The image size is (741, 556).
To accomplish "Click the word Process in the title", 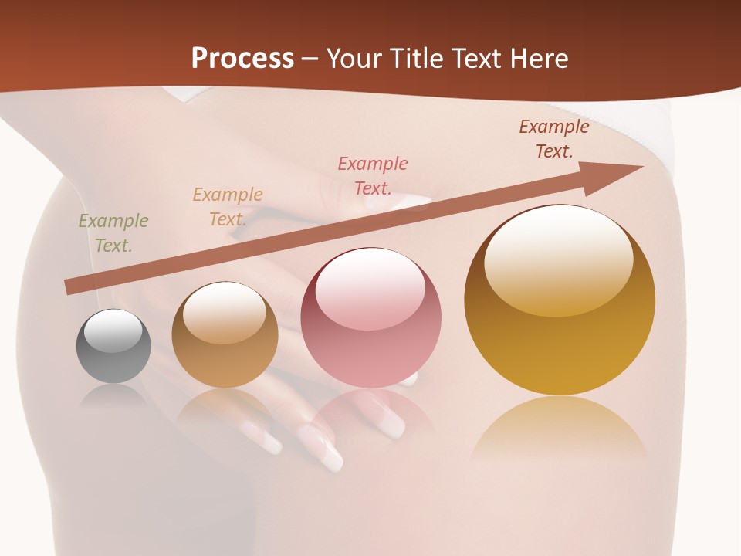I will click(242, 58).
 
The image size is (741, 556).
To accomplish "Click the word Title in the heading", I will click(417, 58).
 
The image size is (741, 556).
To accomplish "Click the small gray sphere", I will click(113, 347).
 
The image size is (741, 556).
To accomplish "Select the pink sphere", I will click(370, 318).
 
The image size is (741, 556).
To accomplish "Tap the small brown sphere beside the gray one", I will click(225, 335).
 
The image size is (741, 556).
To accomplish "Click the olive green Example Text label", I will click(113, 233).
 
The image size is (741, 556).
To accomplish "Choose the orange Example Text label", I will click(228, 207).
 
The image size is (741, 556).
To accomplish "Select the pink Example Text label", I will click(373, 176).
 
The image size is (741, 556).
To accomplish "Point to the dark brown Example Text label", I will click(554, 139).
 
